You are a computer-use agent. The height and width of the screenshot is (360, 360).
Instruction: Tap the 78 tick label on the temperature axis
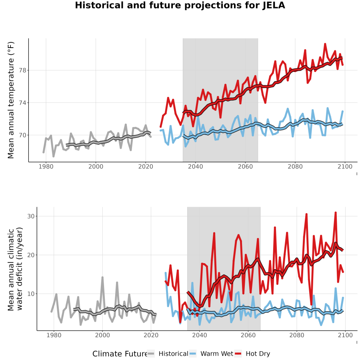coord(22,70)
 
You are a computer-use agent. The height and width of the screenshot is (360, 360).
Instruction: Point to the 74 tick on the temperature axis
coord(22,103)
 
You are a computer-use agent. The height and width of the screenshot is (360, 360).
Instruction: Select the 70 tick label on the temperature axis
coord(22,135)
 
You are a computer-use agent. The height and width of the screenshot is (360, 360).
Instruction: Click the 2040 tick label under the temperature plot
coord(195,166)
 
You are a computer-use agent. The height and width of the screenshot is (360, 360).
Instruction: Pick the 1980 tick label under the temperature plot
coord(46,166)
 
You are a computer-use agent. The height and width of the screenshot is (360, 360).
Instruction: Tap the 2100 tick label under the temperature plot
coord(345,166)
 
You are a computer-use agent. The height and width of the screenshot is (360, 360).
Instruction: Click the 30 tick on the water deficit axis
coord(31,216)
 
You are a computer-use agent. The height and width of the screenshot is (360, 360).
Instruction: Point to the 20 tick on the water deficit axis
coord(31,255)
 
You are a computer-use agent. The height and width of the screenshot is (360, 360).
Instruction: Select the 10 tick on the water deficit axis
coord(31,294)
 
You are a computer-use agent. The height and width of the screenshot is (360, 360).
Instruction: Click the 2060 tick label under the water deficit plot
coord(248,335)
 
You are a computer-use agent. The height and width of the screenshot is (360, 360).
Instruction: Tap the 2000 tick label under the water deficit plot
coord(102,335)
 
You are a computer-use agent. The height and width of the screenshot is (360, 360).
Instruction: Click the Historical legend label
coord(173,354)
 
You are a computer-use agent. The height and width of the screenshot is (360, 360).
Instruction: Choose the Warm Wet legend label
coord(217,354)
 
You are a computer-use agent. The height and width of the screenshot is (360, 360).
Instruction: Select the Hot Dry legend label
coord(258,354)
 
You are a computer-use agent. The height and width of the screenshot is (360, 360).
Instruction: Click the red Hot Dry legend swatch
coord(238,354)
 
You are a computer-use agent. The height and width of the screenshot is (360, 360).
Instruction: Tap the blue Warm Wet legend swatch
coord(193,354)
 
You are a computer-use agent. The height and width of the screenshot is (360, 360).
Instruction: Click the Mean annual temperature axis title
coord(11,100)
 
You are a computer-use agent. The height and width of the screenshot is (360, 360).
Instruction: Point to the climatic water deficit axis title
coord(15,269)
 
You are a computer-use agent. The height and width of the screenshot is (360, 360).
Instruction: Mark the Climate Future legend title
coord(120,354)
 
